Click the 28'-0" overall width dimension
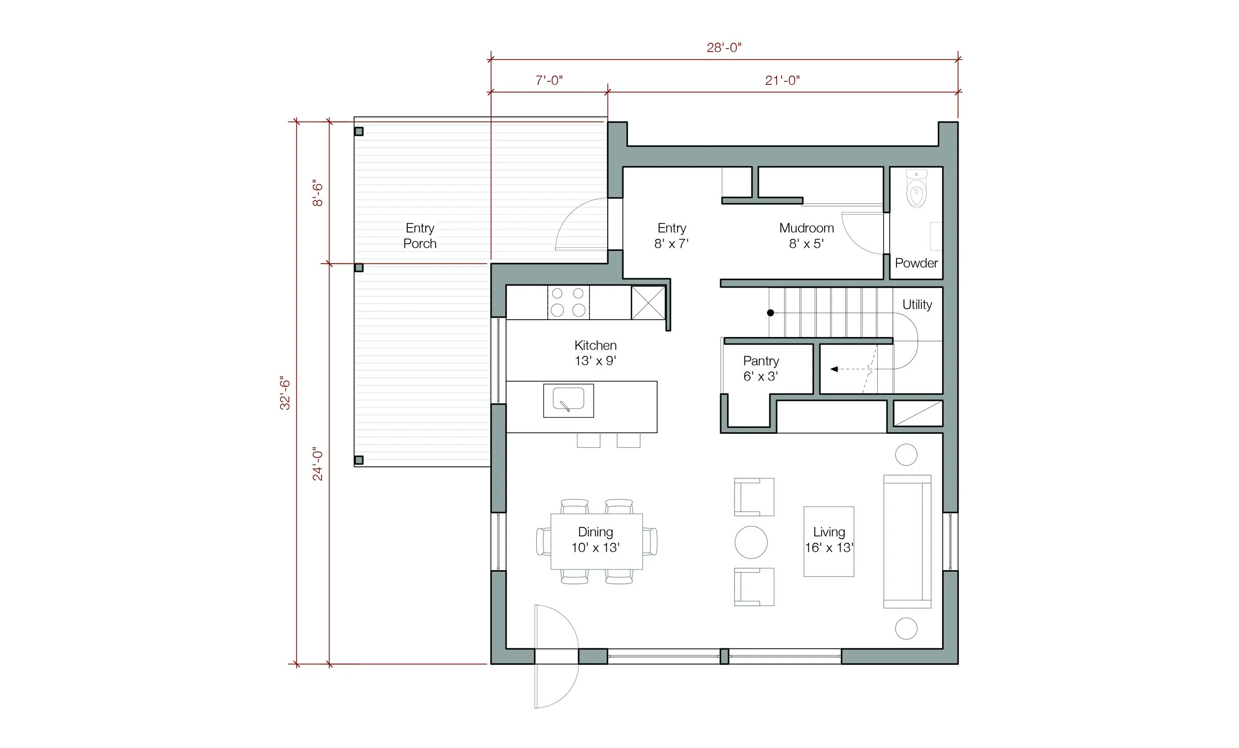tap(724, 48)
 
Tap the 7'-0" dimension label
tap(549, 80)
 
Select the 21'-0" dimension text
tap(782, 80)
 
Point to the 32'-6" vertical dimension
tap(285, 393)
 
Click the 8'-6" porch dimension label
tap(317, 193)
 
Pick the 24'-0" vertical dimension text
tap(317, 463)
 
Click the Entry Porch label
tap(420, 236)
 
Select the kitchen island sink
tap(568, 400)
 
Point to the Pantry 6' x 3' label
tap(761, 368)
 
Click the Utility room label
tap(917, 304)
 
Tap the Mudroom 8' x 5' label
tap(806, 235)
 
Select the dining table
tap(596, 541)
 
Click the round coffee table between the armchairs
tap(751, 542)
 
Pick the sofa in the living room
tap(907, 541)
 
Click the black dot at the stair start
tap(770, 313)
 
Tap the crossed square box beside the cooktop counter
tap(648, 302)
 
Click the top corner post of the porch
tap(358, 132)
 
